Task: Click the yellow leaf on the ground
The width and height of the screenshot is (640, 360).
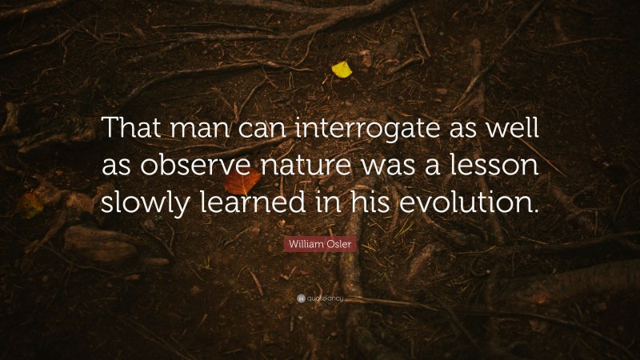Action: [x=342, y=70]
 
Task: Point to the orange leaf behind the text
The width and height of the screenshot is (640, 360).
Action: [x=242, y=183]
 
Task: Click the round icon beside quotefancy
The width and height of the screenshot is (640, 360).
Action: [x=301, y=298]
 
